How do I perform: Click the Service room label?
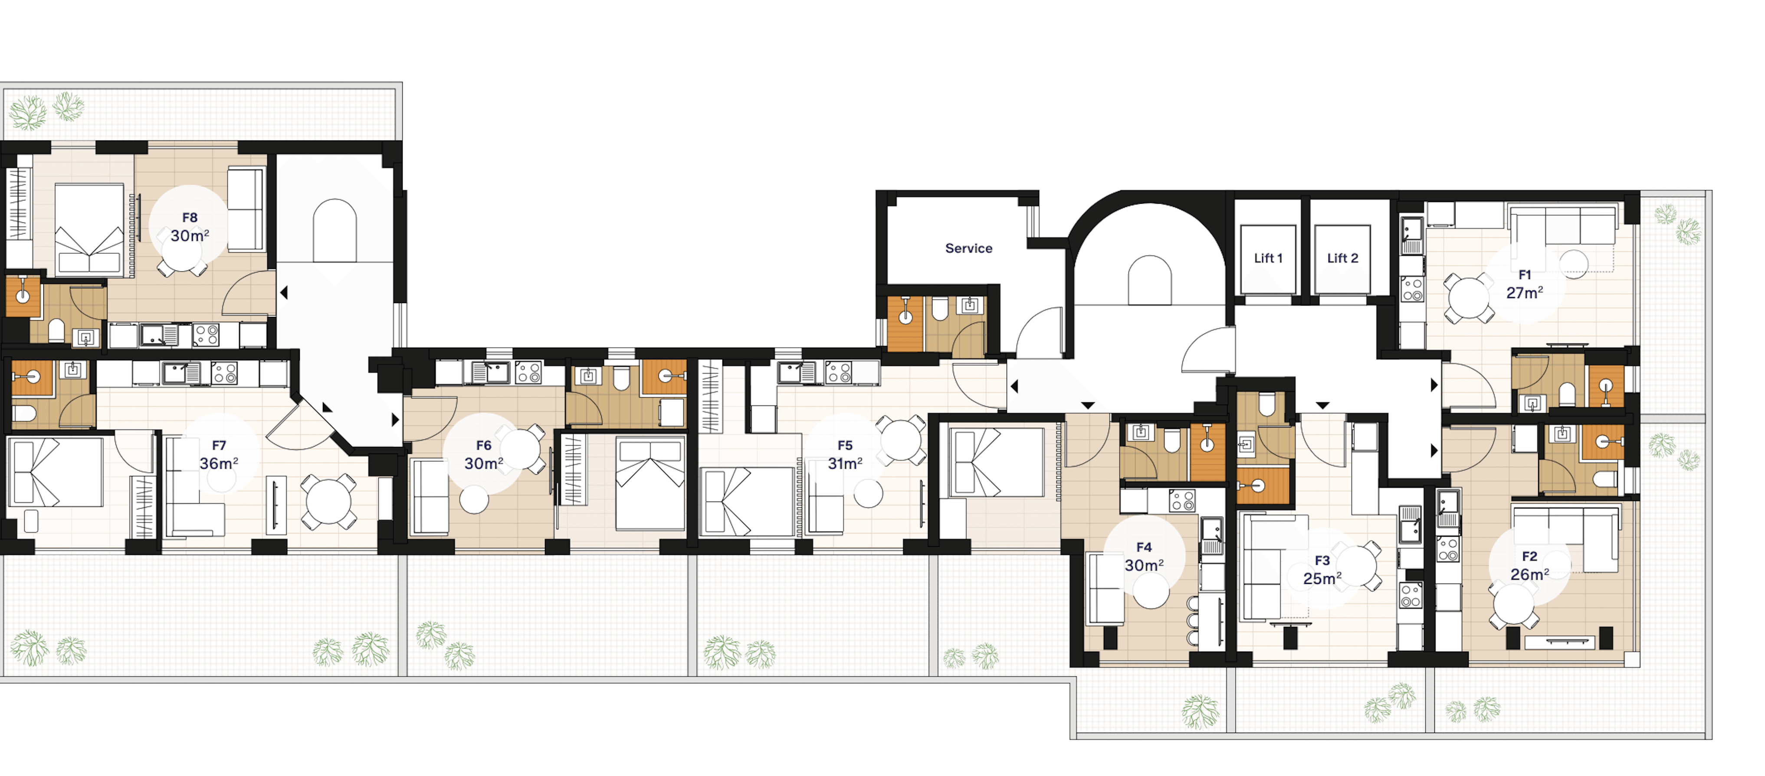point(968,248)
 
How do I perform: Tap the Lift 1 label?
point(1268,258)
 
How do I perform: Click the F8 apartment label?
point(190,218)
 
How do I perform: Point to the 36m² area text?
point(219,464)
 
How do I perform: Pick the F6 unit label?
point(484,446)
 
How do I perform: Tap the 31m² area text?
point(845,464)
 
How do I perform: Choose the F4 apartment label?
point(1144,547)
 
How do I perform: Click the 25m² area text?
point(1322,579)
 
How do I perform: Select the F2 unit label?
point(1529,557)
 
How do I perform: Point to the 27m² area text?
point(1525,293)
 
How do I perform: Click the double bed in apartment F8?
point(89,229)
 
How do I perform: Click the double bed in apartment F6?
point(650,484)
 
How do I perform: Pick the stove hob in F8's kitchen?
point(206,335)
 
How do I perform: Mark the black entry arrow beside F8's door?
point(284,293)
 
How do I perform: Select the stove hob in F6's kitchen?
point(528,372)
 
